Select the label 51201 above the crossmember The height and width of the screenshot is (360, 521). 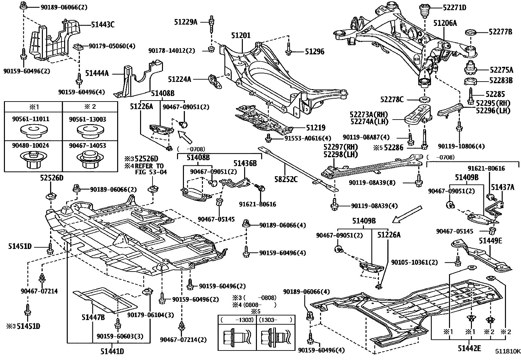(x=241, y=35)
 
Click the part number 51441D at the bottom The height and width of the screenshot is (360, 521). (x=112, y=352)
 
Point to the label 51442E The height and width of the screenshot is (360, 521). (x=469, y=348)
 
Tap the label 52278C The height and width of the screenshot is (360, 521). (x=392, y=99)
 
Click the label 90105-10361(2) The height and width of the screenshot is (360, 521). (x=414, y=262)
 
